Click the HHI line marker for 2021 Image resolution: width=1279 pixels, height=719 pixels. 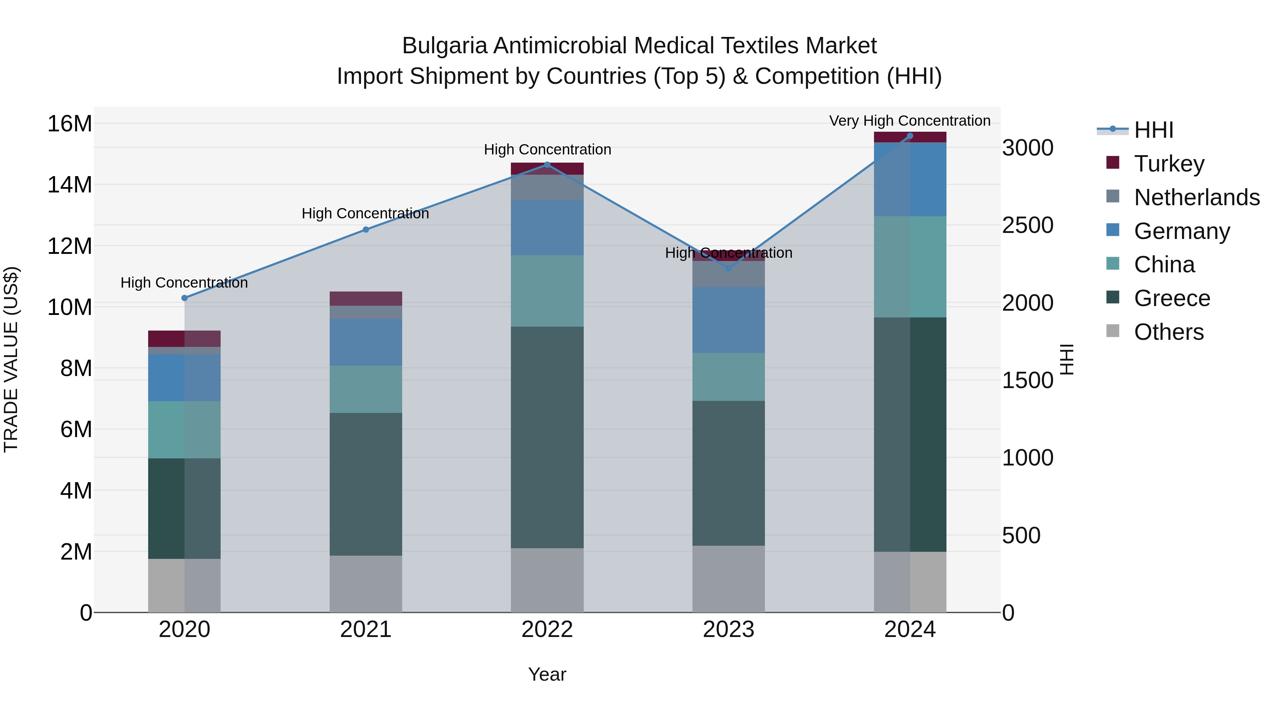tap(366, 230)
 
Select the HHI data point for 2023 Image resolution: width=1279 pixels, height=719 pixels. tap(729, 268)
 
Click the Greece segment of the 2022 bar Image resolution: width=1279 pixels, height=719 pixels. tap(547, 437)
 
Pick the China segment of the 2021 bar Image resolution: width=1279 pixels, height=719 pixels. tap(366, 389)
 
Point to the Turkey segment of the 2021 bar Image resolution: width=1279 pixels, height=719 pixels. tap(366, 298)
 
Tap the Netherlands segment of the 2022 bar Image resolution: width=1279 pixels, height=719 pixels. tap(547, 187)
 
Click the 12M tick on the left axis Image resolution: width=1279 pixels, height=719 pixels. tap(70, 246)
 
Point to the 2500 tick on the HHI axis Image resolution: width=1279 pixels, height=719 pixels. tap(1027, 225)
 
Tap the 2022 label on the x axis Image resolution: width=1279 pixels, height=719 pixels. tap(547, 630)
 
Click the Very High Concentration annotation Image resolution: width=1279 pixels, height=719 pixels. tap(910, 121)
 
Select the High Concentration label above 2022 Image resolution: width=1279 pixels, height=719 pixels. tap(547, 149)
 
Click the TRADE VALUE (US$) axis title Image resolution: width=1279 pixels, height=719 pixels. tap(11, 359)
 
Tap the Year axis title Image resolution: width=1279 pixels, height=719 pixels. tap(547, 674)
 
